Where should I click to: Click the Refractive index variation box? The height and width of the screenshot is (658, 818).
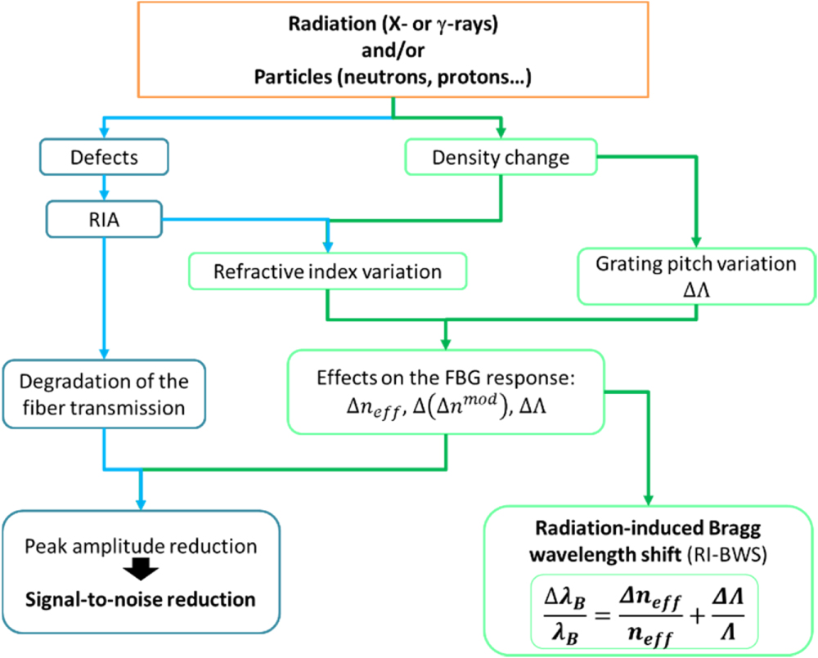(x=327, y=271)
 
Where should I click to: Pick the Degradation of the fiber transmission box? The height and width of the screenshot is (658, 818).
(x=105, y=394)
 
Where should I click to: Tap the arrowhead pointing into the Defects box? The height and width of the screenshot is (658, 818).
(x=105, y=134)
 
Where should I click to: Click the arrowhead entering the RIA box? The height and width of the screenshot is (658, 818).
(x=105, y=196)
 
